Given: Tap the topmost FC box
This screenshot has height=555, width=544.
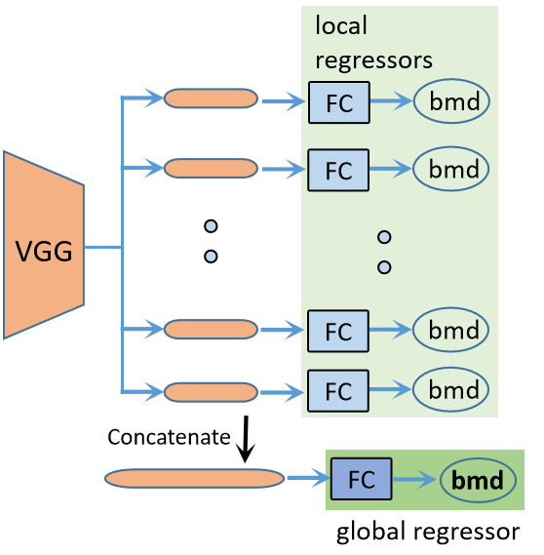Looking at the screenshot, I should [337, 102].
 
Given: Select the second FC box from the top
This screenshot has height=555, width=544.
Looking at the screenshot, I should [337, 170].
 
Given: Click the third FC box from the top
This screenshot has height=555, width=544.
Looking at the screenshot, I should [337, 331].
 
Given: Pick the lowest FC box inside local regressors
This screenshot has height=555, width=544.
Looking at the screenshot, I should [337, 391].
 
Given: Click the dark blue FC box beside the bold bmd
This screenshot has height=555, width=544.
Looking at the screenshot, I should [361, 479].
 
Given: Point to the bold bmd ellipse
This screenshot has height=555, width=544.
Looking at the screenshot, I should [477, 480].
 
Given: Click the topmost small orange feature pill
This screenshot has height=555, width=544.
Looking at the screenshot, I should [211, 99].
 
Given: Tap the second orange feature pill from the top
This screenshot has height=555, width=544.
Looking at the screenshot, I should [211, 169].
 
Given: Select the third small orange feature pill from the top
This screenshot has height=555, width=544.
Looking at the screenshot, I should [211, 330].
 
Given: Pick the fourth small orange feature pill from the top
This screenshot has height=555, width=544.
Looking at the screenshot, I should [211, 391].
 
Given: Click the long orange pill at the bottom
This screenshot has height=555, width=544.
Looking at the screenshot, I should [194, 479].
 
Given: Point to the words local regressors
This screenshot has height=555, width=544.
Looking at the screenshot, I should [372, 43].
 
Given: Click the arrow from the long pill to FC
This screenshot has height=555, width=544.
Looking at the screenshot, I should [306, 479].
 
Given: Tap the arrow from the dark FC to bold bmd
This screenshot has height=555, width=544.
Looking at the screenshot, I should [415, 480].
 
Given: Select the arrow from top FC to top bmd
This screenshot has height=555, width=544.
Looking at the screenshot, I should [391, 101].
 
